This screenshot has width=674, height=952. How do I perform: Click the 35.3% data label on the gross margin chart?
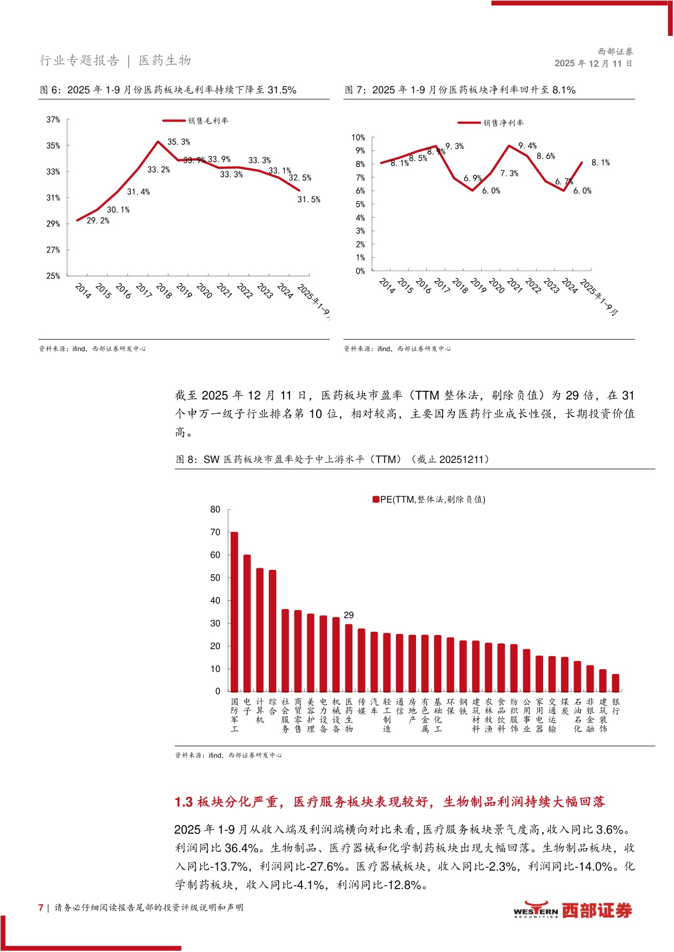pyautogui.click(x=179, y=142)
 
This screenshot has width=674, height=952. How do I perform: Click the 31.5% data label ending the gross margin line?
pyautogui.click(x=308, y=200)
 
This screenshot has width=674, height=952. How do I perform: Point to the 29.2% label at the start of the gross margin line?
pyautogui.click(x=98, y=221)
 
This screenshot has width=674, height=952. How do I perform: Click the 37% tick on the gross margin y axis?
pyautogui.click(x=53, y=120)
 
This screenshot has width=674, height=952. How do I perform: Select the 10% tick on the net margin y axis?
pyautogui.click(x=358, y=138)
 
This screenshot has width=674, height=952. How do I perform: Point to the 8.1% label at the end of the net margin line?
pyautogui.click(x=600, y=163)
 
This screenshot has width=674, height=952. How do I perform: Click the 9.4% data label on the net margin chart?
pyautogui.click(x=527, y=146)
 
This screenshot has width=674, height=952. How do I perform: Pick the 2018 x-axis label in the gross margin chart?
pyautogui.click(x=163, y=291)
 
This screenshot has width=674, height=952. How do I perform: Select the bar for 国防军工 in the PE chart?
pyautogui.click(x=235, y=612)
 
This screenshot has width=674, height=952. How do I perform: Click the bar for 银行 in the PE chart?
pyautogui.click(x=615, y=683)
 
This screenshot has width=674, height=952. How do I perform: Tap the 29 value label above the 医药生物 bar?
pyautogui.click(x=349, y=615)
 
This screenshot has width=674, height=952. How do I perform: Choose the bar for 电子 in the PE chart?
pyautogui.click(x=247, y=623)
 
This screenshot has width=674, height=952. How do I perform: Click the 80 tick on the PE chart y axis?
pyautogui.click(x=216, y=510)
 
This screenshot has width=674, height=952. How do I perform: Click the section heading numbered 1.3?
pyautogui.click(x=389, y=802)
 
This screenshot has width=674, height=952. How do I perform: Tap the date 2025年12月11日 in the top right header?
pyautogui.click(x=593, y=64)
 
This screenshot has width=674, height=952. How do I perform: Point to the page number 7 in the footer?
pyautogui.click(x=41, y=907)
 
